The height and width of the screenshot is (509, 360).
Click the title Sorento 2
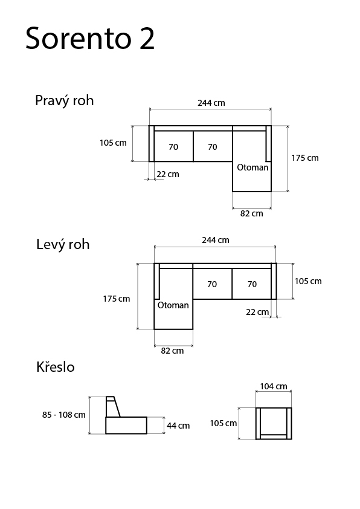pyautogui.click(x=90, y=38)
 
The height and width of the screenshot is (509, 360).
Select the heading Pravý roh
pyautogui.click(x=64, y=100)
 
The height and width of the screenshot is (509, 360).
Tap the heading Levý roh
pyautogui.click(x=63, y=244)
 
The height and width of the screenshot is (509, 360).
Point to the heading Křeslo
pyautogui.click(x=56, y=367)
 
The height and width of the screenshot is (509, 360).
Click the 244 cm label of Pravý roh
pyautogui.click(x=211, y=103)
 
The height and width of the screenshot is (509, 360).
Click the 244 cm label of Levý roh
pyautogui.click(x=216, y=240)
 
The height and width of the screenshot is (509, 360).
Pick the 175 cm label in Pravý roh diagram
pyautogui.click(x=305, y=158)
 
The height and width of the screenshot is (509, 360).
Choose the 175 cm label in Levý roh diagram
pyautogui.click(x=117, y=299)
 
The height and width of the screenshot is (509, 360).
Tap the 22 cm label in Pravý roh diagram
pyautogui.click(x=168, y=174)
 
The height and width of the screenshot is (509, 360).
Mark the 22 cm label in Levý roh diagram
pyautogui.click(x=257, y=312)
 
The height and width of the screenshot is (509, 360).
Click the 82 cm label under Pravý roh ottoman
pyautogui.click(x=252, y=213)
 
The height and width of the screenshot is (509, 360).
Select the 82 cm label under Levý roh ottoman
pyautogui.click(x=172, y=351)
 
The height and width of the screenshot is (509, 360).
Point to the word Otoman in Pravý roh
pyautogui.click(x=252, y=167)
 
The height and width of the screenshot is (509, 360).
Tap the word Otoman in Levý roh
pyautogui.click(x=173, y=305)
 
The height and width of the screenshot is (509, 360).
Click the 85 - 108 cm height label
pyautogui.click(x=64, y=415)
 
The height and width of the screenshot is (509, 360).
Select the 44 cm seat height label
pyautogui.click(x=178, y=426)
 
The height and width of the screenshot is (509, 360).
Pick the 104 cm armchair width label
pyautogui.click(x=274, y=386)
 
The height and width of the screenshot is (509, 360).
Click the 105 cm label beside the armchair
pyautogui.click(x=223, y=423)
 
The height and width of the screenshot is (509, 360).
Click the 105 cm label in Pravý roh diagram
pyautogui.click(x=113, y=143)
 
